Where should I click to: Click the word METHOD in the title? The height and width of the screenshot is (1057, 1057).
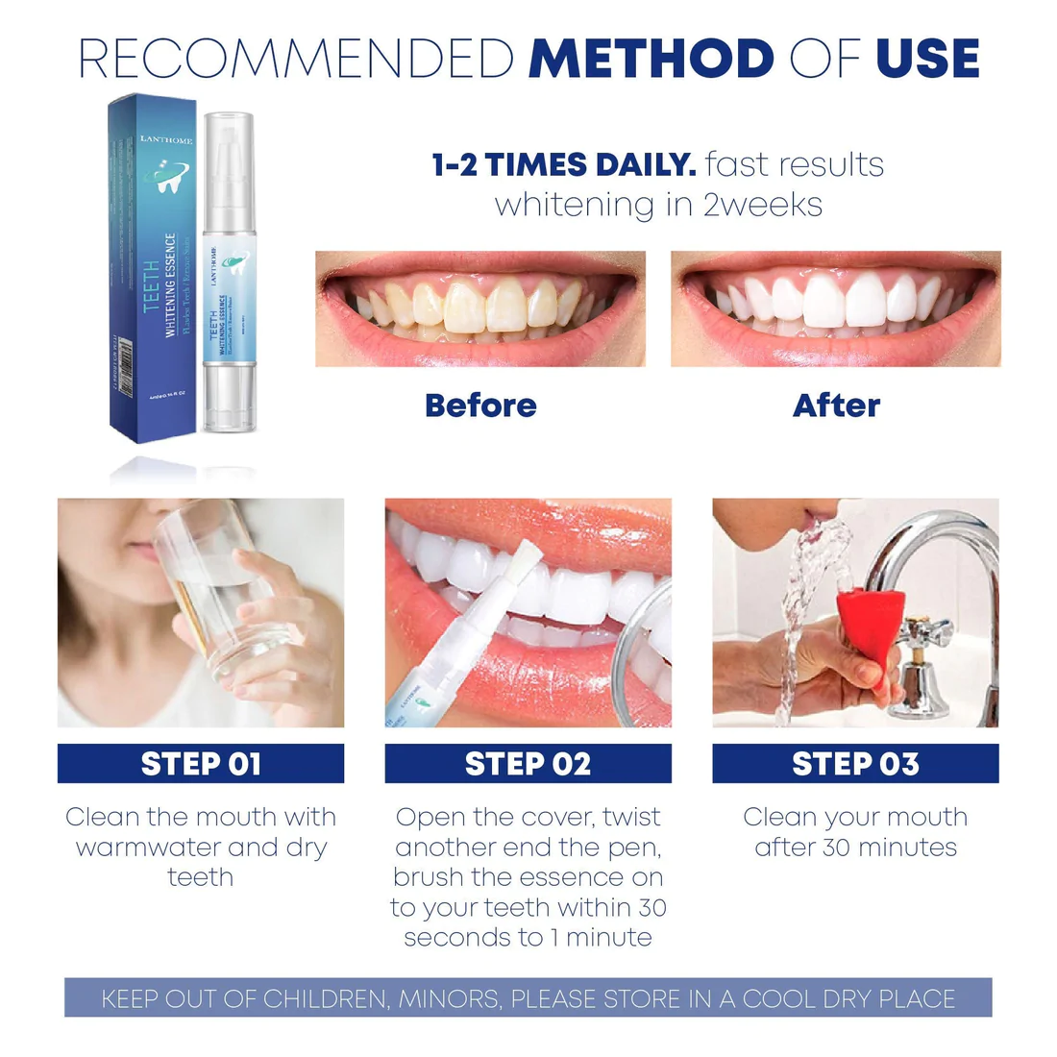(x=651, y=59)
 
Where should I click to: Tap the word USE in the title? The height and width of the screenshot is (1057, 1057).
(x=927, y=59)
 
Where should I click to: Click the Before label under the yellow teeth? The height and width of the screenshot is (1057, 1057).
(x=480, y=406)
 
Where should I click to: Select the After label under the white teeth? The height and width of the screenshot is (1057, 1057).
(x=836, y=406)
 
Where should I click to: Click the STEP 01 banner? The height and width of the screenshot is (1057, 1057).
(x=201, y=764)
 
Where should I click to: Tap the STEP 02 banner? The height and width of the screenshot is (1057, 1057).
(x=528, y=764)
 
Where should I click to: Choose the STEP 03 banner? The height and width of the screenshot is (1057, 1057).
(x=855, y=764)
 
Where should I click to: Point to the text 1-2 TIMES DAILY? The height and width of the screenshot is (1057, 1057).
(x=564, y=164)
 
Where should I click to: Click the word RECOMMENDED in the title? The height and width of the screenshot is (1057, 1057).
(x=296, y=59)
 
